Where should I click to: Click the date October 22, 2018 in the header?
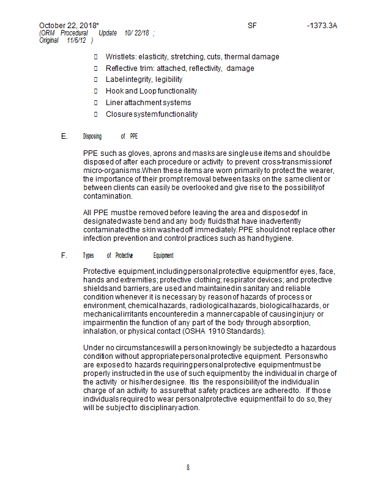[68, 26]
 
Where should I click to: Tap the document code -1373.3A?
[322, 26]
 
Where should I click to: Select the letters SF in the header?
[253, 26]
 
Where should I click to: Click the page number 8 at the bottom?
[188, 468]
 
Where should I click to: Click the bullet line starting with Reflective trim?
[180, 68]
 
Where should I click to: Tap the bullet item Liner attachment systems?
[148, 103]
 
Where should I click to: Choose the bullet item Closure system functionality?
[152, 114]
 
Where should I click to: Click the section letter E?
[64, 136]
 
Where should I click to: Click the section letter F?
[64, 256]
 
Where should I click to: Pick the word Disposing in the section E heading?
[92, 136]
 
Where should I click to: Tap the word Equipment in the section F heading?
[163, 256]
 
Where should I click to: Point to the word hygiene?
[280, 238]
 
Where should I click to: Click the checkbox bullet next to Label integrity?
[96, 80]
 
